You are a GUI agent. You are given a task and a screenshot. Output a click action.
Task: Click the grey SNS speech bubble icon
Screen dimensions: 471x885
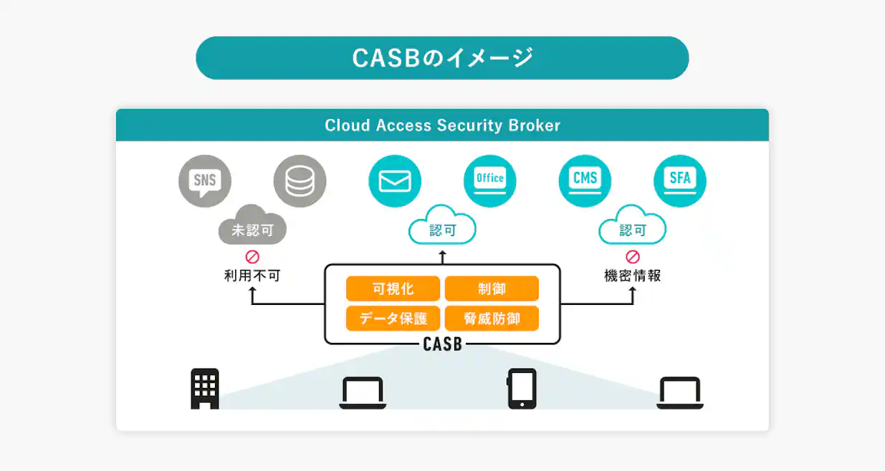(204, 181)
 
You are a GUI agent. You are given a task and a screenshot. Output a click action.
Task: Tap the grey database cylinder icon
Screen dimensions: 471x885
(300, 181)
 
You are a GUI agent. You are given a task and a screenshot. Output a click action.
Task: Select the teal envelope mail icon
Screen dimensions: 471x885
(395, 181)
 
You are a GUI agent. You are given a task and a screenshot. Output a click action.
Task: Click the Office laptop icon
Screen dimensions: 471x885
(490, 181)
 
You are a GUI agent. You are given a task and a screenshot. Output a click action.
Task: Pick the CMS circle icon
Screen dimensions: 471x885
(585, 181)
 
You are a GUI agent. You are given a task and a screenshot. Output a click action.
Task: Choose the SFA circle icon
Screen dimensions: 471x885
(680, 181)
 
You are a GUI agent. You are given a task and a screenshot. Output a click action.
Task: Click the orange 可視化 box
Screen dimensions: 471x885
(393, 289)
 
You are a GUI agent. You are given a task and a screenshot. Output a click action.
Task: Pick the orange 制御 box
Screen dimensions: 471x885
(492, 289)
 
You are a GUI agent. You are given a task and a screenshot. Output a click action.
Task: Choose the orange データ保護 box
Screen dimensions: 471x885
(393, 319)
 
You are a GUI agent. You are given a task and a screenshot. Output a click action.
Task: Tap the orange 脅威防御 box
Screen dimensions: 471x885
(492, 319)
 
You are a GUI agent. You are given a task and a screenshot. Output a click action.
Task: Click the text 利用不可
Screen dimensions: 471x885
(252, 276)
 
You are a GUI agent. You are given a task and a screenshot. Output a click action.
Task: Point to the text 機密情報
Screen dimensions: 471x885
(633, 276)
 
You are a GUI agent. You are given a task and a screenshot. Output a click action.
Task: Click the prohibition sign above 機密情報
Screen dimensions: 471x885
(633, 256)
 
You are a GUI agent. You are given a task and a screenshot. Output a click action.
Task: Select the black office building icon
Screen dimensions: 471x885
(205, 389)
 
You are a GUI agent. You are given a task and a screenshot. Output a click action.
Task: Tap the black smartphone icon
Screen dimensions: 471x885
(522, 389)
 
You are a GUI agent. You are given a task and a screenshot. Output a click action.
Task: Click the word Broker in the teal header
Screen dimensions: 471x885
(534, 125)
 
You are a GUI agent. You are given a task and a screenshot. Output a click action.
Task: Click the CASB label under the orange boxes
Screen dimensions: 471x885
(443, 344)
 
